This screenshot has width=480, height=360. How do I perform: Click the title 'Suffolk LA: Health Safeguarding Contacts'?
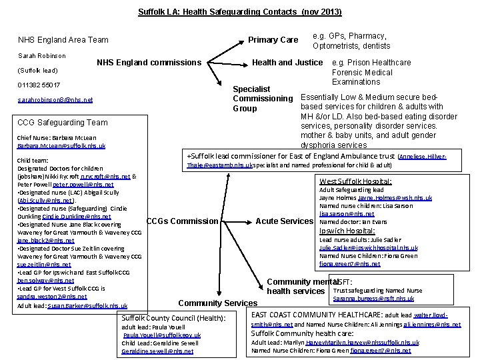[x=239, y=12]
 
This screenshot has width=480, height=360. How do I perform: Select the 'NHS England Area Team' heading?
[x=63, y=40]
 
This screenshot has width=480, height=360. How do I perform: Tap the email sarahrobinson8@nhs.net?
[x=55, y=100]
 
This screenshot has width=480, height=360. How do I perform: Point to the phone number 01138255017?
[x=39, y=85]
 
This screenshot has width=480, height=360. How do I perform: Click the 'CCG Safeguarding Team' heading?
[x=63, y=122]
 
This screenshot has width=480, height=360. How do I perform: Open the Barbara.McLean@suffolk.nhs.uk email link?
[x=61, y=145]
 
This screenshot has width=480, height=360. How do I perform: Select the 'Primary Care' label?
[x=273, y=40]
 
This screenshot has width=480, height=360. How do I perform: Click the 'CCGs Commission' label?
[x=181, y=221]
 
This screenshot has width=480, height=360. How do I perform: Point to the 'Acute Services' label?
[x=284, y=221]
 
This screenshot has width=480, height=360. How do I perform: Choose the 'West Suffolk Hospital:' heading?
[x=355, y=181]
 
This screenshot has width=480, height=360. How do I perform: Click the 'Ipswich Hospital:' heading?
[x=347, y=231]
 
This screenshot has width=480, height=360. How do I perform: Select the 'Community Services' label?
[x=217, y=303]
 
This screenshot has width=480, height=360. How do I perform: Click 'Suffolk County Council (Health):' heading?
[x=174, y=319]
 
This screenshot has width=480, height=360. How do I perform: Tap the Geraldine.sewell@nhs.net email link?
[x=157, y=351]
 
